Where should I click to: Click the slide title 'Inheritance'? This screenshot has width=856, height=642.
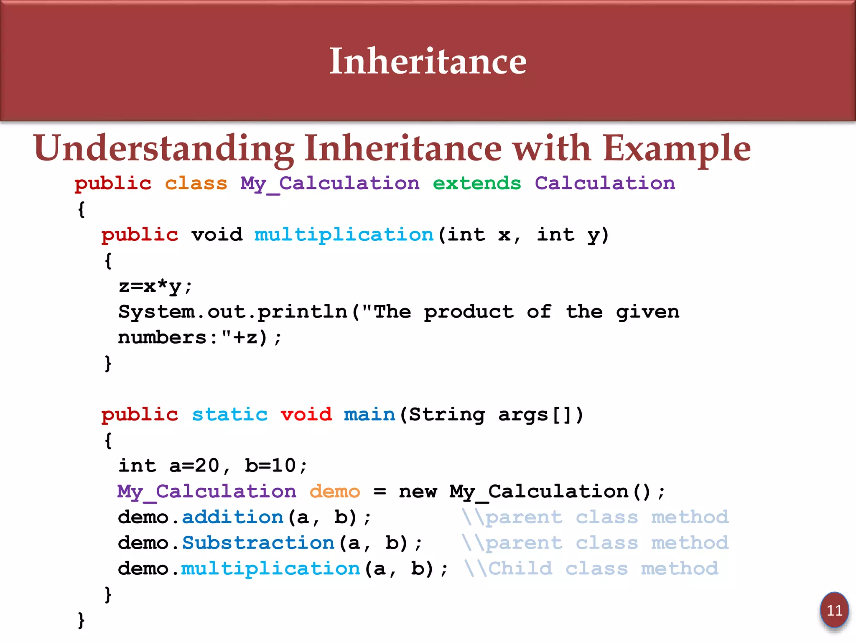pos(428,61)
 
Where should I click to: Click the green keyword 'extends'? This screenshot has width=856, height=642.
pos(476,183)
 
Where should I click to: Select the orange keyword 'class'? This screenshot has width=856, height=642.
pos(196,183)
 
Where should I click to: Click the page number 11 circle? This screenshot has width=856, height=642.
pos(834,610)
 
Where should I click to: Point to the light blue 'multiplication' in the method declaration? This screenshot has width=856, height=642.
pos(344,235)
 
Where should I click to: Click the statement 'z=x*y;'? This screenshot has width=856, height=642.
pos(155,287)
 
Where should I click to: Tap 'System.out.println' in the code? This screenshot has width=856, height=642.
pos(232,312)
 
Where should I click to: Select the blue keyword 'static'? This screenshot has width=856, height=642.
pos(229,415)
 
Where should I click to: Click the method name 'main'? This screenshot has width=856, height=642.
pos(369,415)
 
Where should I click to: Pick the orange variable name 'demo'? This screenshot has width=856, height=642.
pos(334,492)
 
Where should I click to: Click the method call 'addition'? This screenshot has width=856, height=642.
pos(232,517)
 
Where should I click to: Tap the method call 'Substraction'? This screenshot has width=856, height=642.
pos(258,543)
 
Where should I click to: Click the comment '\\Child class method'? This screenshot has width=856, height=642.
pos(591,568)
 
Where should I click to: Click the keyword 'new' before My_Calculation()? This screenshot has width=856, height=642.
pos(418,492)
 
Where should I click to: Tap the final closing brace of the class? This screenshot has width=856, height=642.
pos(81,620)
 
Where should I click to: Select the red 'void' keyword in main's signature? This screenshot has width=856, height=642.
pos(306,415)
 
